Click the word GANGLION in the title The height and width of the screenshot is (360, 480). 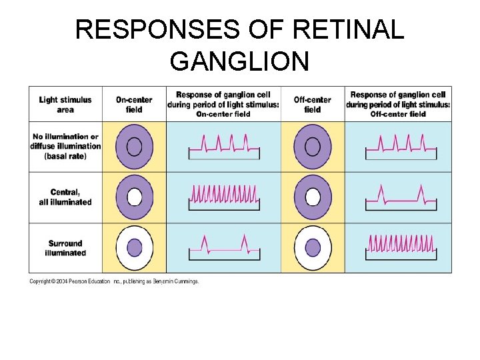[x=239, y=61]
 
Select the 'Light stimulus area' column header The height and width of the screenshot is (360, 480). [x=65, y=105]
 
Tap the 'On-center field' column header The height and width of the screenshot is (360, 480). [x=134, y=105]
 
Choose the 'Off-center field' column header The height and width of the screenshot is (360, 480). [x=312, y=105]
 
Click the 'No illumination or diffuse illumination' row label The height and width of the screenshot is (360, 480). [x=65, y=146]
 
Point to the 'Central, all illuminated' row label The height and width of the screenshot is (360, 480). [x=65, y=197]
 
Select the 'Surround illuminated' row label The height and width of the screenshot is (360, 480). [x=65, y=248]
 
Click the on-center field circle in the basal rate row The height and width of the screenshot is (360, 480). [x=134, y=146]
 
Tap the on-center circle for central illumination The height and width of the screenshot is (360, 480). [x=134, y=197]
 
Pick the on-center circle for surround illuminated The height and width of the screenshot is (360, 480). [x=134, y=247]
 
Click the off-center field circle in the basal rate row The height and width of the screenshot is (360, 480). [x=313, y=146]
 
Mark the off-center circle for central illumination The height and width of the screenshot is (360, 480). [x=313, y=197]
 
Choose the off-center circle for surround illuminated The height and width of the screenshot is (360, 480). [x=313, y=247]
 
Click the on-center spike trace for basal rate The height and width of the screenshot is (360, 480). [x=223, y=146]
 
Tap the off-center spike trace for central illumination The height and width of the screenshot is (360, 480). [x=400, y=195]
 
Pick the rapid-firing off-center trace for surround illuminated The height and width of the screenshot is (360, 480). [x=400, y=245]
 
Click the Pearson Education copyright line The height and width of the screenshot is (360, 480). [x=114, y=281]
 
